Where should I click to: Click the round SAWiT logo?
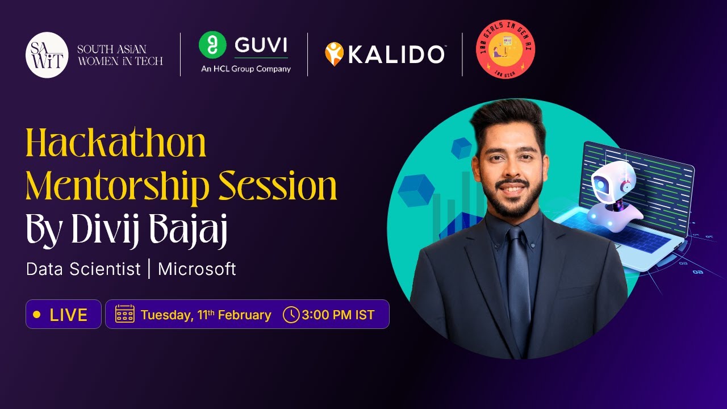coord(47,55)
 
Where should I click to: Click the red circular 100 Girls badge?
coord(505,49)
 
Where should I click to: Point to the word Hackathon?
coord(116,144)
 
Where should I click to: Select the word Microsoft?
coord(197,269)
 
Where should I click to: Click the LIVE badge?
coord(64,315)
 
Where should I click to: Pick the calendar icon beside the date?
coord(125,314)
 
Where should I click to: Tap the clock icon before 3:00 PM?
coord(291,314)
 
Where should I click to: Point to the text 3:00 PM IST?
coord(339,315)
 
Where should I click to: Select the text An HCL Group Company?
coord(245,69)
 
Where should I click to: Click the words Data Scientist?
coord(83,269)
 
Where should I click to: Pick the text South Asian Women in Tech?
coord(120,55)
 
